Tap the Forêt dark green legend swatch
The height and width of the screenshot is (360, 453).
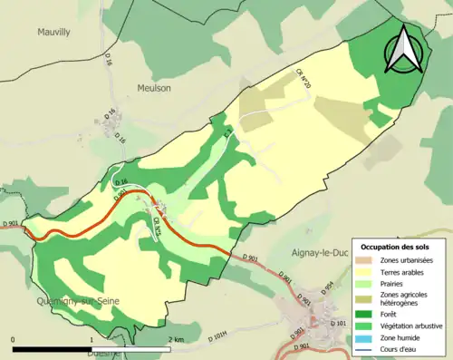[365, 316]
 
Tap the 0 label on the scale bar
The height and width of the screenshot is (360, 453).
[14, 338]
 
